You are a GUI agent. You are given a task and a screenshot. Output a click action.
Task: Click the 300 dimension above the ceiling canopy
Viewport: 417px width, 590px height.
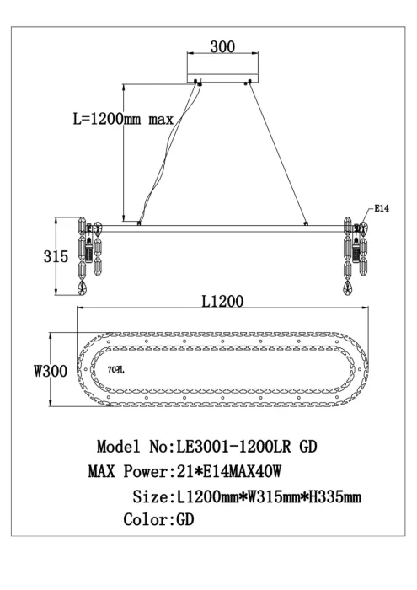coord(222,47)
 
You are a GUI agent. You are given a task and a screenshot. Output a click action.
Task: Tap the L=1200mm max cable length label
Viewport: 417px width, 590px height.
coord(122,120)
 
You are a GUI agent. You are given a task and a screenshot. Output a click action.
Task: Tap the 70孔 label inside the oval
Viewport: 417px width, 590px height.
coord(115,368)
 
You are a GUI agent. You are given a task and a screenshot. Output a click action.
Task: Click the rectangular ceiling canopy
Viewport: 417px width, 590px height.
coord(222,71)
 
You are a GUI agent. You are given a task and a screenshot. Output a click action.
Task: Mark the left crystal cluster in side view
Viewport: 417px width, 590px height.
coord(89,253)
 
